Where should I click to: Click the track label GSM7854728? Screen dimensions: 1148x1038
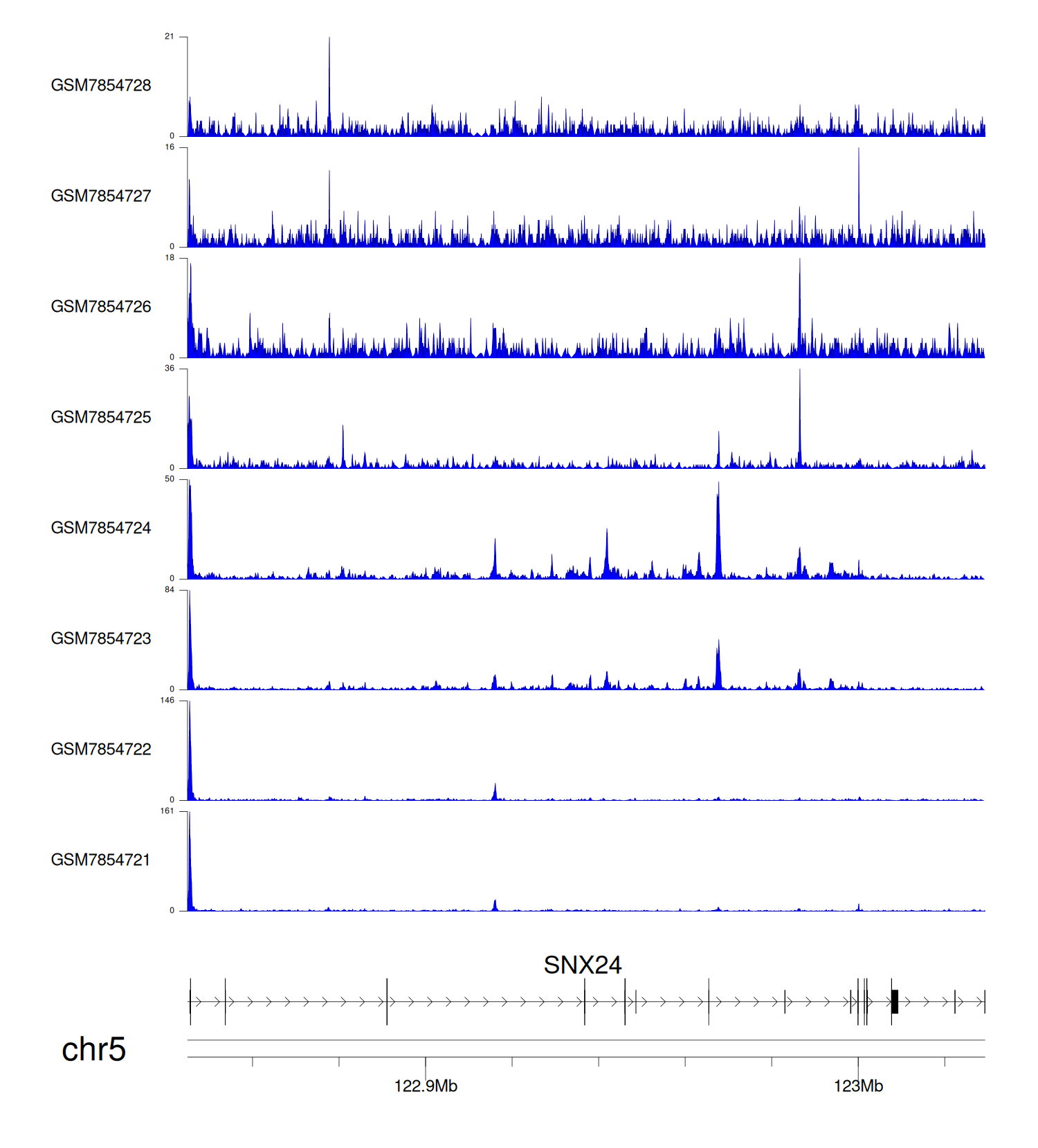(101, 85)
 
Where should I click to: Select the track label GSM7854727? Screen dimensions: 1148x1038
(101, 196)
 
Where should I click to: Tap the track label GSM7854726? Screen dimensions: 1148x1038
(101, 306)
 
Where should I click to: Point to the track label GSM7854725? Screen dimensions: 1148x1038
(101, 417)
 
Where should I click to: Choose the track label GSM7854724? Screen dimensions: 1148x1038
(101, 528)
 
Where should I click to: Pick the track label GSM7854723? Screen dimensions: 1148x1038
(101, 638)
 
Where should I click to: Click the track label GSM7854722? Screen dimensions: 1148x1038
(101, 749)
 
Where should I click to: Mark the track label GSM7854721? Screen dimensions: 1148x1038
(101, 860)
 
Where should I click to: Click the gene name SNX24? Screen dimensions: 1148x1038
(583, 965)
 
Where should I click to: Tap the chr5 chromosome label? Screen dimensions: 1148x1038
(93, 1049)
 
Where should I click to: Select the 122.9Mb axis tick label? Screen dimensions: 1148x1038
(426, 1086)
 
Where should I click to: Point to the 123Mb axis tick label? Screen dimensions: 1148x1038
(858, 1086)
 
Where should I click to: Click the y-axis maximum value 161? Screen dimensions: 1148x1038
(167, 811)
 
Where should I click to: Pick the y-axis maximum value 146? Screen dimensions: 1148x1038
(167, 700)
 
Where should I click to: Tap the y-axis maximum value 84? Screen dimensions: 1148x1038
(170, 589)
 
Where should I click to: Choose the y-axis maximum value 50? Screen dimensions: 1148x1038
(170, 479)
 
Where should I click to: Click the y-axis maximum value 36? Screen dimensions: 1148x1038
(170, 368)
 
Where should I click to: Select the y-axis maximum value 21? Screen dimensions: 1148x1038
(170, 36)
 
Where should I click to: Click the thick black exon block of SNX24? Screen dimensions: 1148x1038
(895, 1001)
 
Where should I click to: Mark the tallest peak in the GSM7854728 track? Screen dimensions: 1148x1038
(329, 41)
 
